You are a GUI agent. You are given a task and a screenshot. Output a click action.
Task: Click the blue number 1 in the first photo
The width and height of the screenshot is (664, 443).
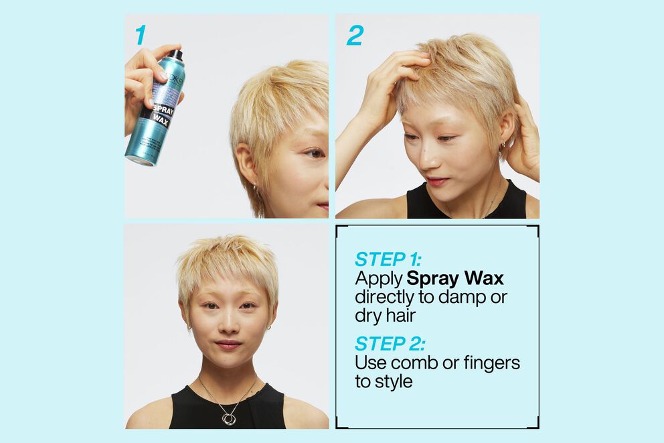(139, 36)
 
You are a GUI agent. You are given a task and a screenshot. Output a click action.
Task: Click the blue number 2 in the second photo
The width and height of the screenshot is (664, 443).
(354, 36)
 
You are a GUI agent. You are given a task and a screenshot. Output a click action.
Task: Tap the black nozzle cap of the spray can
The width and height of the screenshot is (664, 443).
(175, 54)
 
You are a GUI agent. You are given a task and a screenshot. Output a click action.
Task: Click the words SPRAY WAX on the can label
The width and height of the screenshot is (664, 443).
(160, 114)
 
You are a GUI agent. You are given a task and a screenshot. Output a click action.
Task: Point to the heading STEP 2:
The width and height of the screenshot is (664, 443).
(390, 344)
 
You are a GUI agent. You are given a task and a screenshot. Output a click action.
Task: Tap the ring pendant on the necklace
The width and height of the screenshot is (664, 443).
(229, 418)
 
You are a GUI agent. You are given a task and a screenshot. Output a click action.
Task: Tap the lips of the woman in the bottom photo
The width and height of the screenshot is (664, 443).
(228, 344)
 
